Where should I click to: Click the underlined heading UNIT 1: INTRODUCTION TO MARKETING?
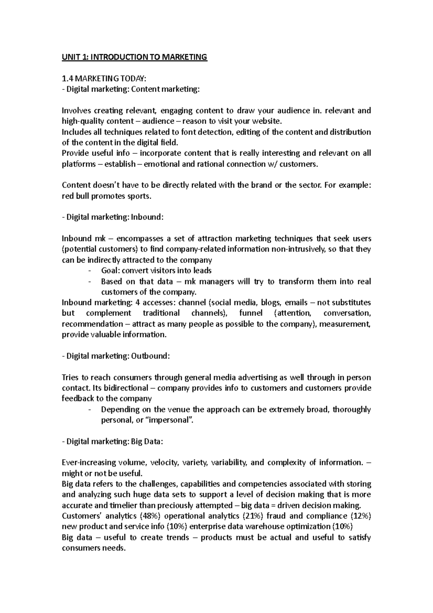tap(135, 57)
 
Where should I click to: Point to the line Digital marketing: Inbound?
tap(113, 217)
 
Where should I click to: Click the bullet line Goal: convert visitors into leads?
tap(156, 270)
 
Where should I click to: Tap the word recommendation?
tap(92, 324)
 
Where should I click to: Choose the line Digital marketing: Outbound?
tap(115, 356)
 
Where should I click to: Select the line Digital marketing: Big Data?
tap(113, 442)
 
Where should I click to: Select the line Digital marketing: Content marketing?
tap(131, 89)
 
